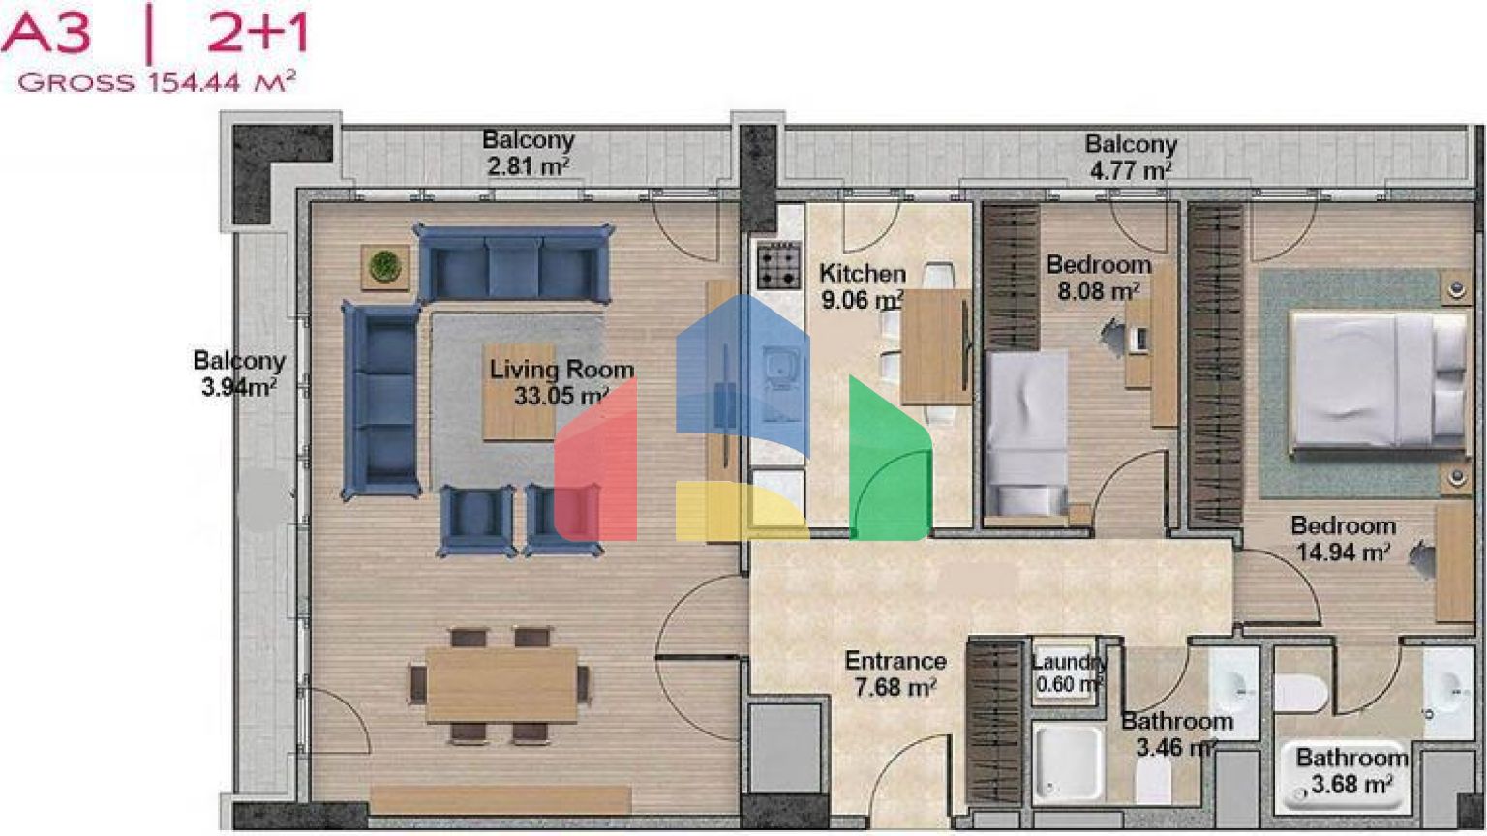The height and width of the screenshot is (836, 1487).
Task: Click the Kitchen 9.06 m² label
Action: tap(863, 286)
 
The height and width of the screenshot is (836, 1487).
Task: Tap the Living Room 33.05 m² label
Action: tap(561, 382)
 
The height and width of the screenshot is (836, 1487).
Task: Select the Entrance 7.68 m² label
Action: tap(895, 673)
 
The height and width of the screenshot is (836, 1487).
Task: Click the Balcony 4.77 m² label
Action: tap(1131, 158)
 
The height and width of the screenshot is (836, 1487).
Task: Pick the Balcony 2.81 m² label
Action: tap(529, 153)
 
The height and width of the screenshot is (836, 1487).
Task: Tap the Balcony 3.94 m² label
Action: tap(239, 373)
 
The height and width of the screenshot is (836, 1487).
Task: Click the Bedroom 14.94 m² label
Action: tap(1343, 539)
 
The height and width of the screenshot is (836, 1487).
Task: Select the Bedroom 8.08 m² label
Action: tap(1099, 278)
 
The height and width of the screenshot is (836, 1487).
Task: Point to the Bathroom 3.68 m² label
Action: tap(1352, 771)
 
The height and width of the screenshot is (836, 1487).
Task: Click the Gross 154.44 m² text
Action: tap(158, 82)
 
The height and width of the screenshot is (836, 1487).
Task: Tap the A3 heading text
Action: tap(46, 35)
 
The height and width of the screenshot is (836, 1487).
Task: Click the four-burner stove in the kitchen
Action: tap(779, 265)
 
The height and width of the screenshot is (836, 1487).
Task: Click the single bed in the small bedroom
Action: tap(1026, 433)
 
